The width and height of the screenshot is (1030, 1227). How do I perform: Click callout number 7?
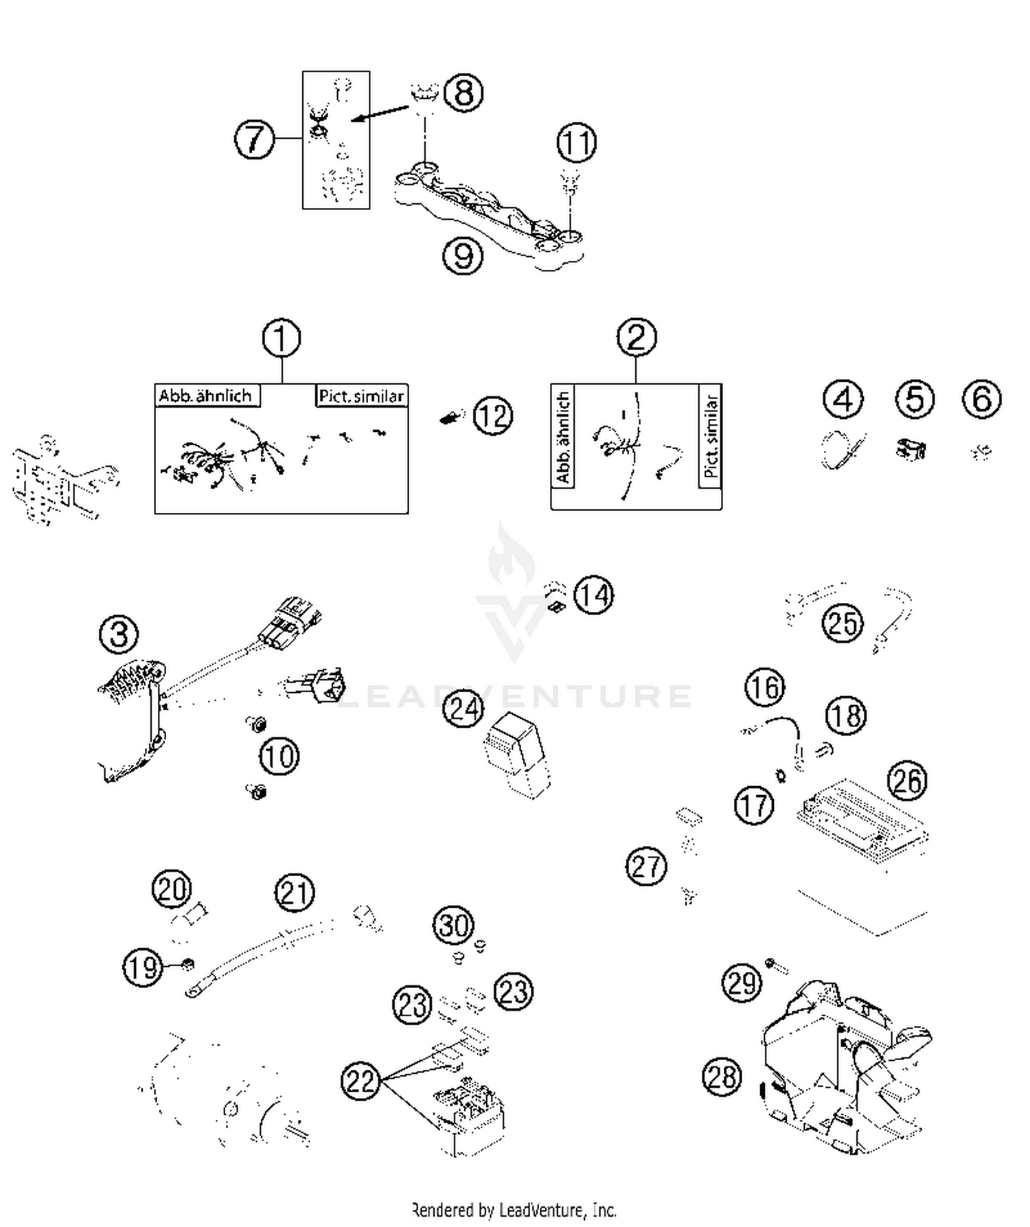[x=255, y=139]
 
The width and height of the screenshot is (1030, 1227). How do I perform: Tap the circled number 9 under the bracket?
[x=463, y=256]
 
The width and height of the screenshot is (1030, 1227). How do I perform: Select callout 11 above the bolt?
[x=576, y=143]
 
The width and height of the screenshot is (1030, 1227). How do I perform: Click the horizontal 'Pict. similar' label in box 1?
[x=361, y=396]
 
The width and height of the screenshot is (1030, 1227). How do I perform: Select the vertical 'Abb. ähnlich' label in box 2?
[x=563, y=437]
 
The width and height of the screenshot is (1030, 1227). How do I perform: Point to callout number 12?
[x=493, y=415]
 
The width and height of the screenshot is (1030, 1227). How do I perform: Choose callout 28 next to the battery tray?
[x=722, y=1076]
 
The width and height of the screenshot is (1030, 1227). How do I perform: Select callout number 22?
[x=360, y=1081]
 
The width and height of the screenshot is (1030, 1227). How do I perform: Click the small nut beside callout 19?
[x=186, y=965]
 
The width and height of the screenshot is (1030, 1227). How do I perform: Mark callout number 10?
[x=279, y=756]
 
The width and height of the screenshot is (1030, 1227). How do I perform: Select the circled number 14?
[x=593, y=595]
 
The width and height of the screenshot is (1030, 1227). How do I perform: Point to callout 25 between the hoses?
[x=843, y=623]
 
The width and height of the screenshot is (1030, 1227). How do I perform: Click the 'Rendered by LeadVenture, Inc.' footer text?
[x=514, y=1209]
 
